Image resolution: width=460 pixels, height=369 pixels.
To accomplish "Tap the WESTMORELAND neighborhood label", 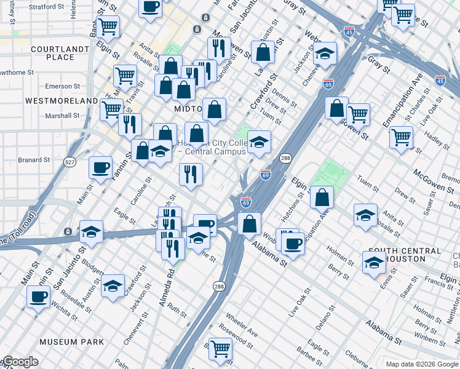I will tap(61, 100).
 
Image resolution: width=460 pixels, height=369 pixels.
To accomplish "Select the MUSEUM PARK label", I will tap(67, 341).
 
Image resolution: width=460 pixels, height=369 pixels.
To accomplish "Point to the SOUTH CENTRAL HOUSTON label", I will tap(404, 255).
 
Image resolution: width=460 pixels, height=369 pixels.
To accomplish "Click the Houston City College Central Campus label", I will tap(212, 147).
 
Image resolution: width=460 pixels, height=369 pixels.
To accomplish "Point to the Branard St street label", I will tap(33, 160).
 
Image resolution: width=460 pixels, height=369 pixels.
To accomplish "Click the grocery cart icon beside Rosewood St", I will tap(221, 348).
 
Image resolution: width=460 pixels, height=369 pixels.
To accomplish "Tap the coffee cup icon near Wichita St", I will tap(39, 298).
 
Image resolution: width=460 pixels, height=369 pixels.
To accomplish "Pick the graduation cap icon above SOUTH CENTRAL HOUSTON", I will tap(365, 215).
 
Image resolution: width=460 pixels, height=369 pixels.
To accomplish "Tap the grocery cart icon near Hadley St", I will tap(401, 137).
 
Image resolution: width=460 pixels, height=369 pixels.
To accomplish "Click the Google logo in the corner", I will tap(20, 362).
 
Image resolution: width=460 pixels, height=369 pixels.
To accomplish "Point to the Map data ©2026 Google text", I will tap(422, 364).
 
